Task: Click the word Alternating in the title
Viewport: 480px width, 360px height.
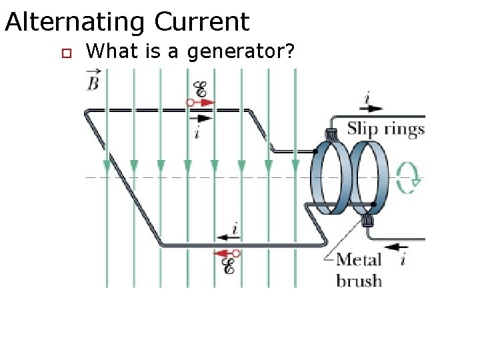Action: pyautogui.click(x=75, y=23)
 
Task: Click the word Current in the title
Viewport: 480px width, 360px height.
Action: pyautogui.click(x=202, y=23)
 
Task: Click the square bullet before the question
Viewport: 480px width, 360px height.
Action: pyautogui.click(x=65, y=53)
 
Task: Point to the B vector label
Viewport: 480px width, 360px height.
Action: pyautogui.click(x=94, y=81)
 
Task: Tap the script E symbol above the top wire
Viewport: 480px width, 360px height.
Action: pyautogui.click(x=199, y=89)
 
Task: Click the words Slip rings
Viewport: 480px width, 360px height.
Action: pyautogui.click(x=385, y=129)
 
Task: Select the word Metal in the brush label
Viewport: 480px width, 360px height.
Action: pyautogui.click(x=359, y=260)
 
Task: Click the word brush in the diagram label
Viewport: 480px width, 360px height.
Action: pyautogui.click(x=359, y=280)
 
